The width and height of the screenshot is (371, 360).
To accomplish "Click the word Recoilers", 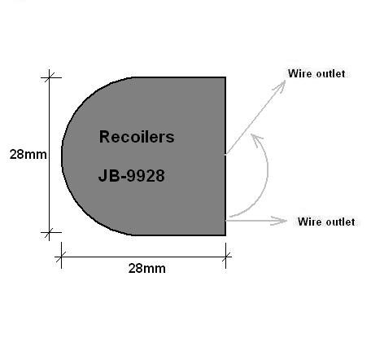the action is [x=137, y=137].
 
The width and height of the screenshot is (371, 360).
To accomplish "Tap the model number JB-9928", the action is [x=132, y=175].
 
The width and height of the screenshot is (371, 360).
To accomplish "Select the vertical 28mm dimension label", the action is [x=28, y=154].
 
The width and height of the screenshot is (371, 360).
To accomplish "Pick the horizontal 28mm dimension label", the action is [x=147, y=268].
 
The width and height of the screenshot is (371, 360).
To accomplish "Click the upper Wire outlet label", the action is [x=316, y=73].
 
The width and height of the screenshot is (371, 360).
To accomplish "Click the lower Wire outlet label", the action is [x=326, y=222].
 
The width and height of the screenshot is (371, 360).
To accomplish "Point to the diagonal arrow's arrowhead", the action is [x=281, y=86].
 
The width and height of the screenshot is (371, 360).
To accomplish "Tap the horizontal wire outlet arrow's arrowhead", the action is [x=279, y=221].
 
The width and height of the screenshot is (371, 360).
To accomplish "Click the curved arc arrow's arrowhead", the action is [x=256, y=139].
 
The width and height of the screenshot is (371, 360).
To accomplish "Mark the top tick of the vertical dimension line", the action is [x=49, y=77].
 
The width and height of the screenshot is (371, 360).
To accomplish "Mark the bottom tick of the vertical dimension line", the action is [x=49, y=232].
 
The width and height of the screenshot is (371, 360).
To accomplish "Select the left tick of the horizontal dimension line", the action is [x=61, y=257].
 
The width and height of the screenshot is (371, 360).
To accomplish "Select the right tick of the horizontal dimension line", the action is [x=225, y=257].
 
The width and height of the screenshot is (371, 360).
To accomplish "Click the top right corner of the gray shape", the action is [x=225, y=77].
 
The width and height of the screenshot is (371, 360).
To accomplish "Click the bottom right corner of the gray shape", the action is [x=225, y=235].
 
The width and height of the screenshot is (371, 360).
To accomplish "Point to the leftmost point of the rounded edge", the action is [x=62, y=156].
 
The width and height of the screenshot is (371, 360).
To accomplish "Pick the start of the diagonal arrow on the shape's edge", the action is [x=226, y=154].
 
